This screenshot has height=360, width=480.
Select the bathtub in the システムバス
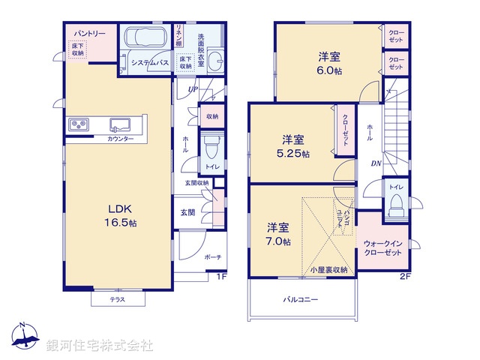tap(147, 39)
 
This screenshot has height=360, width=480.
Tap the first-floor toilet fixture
tap(211, 145)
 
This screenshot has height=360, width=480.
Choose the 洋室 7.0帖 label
tap(277, 234)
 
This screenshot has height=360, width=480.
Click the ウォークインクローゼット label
tap(382, 248)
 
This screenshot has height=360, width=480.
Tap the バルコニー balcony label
tap(300, 300)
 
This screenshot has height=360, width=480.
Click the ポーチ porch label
tap(213, 257)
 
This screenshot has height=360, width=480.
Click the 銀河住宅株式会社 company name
tap(100, 346)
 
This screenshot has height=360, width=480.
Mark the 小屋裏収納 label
tap(328, 269)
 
